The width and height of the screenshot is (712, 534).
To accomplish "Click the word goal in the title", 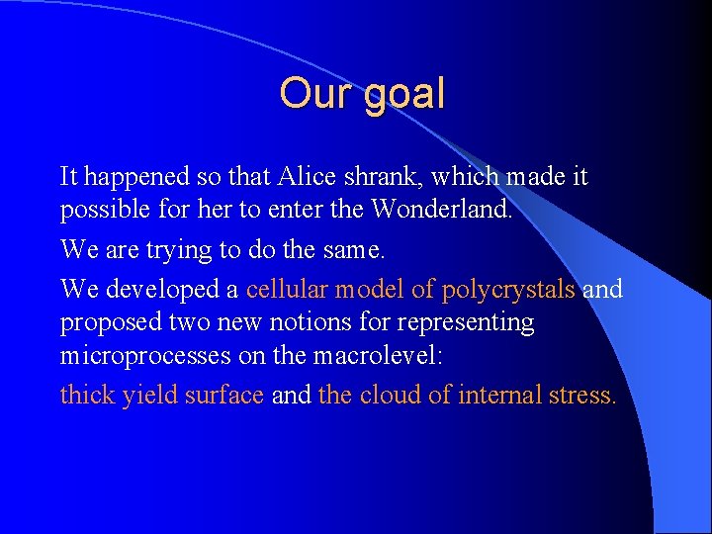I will (x=405, y=95).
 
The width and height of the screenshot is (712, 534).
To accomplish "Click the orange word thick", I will (x=87, y=395).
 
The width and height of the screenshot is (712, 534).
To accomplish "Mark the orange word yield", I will (x=146, y=395).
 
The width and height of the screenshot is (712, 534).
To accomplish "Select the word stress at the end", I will (x=584, y=395).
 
